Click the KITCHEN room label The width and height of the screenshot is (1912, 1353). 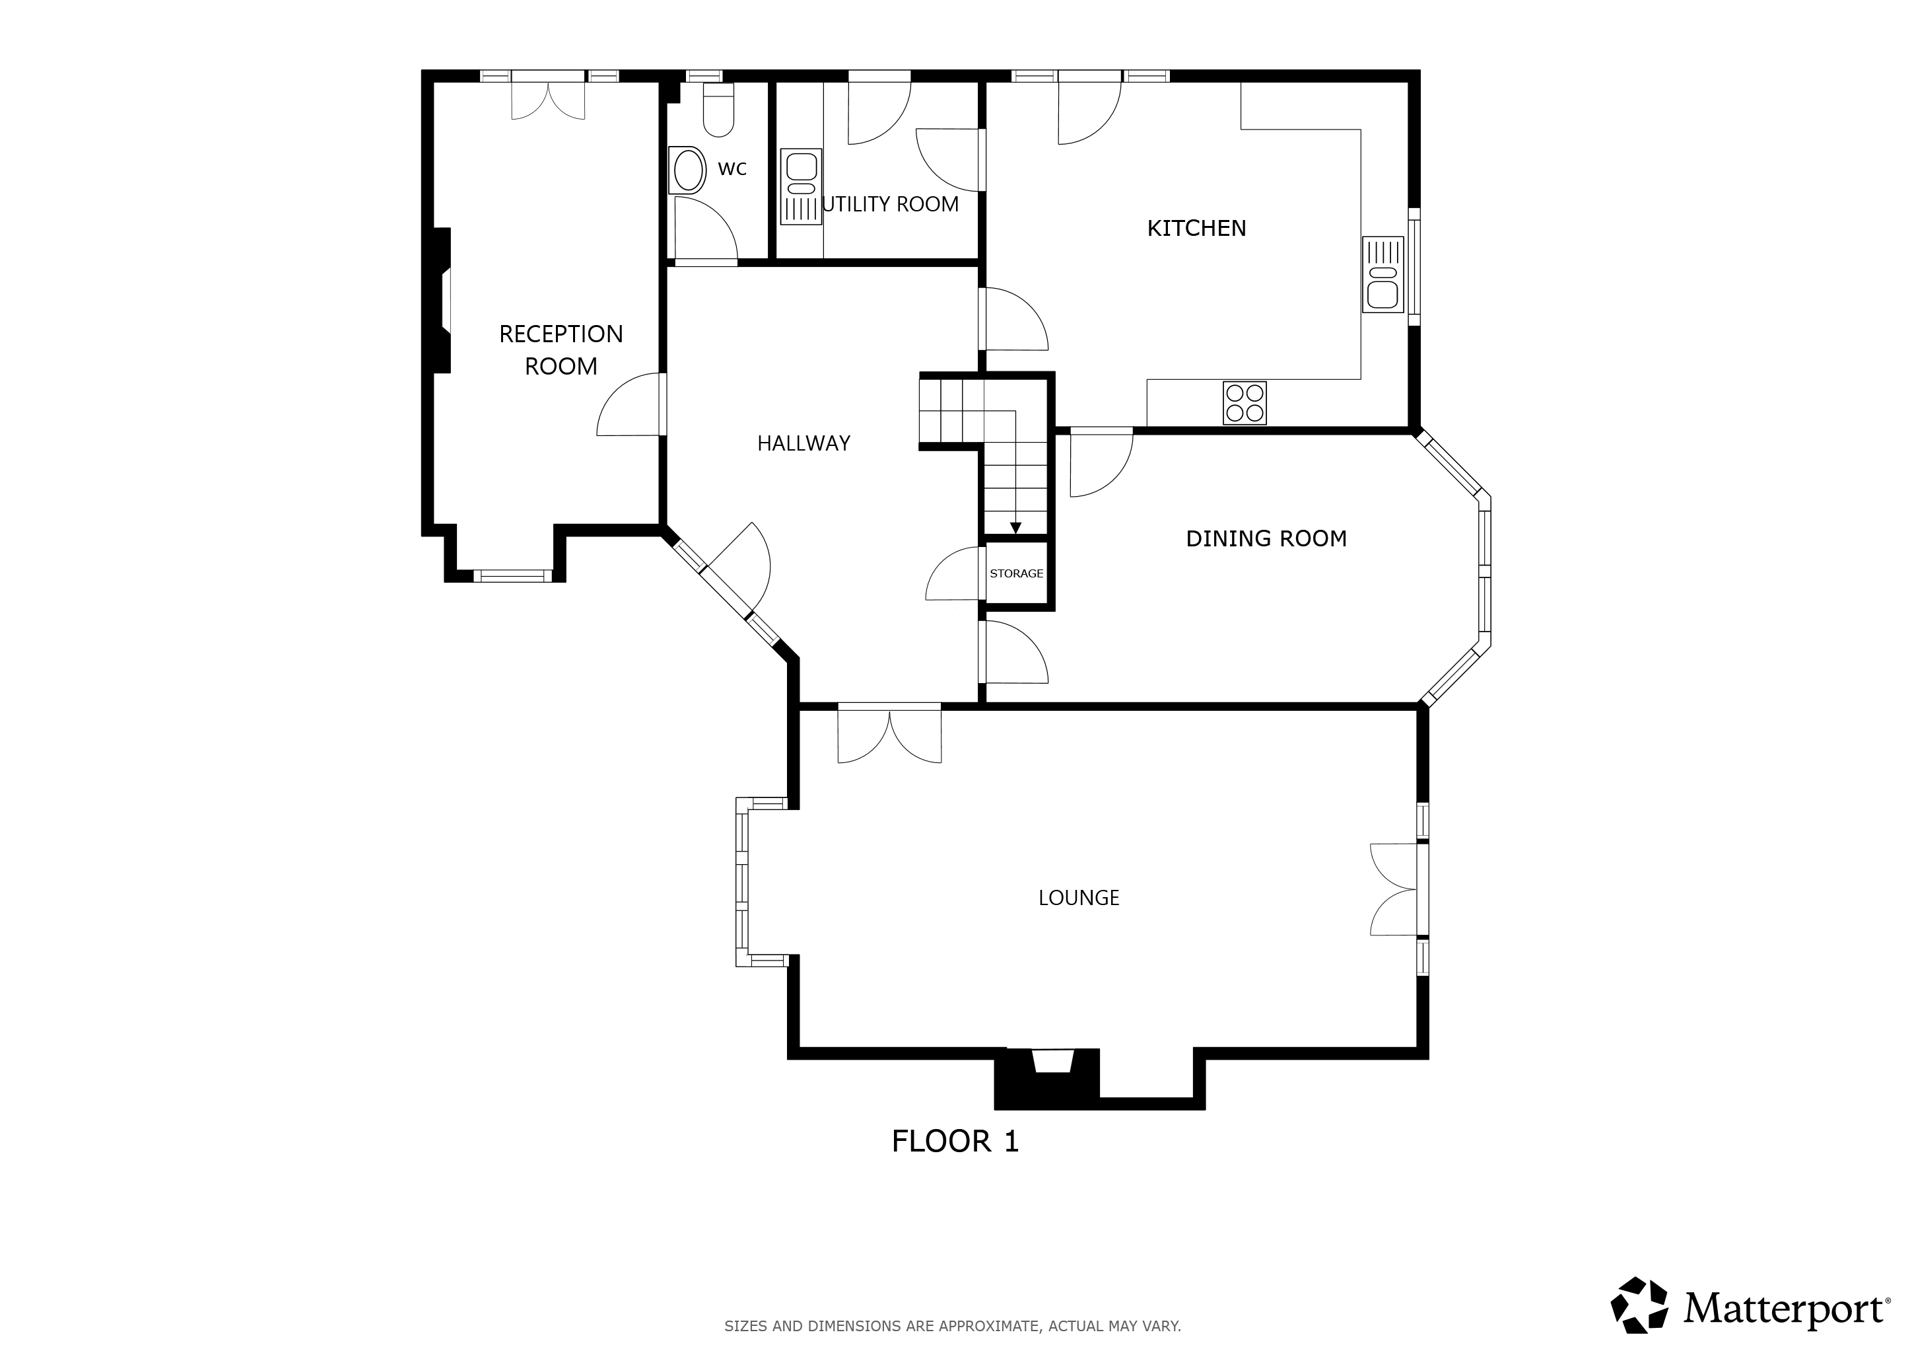point(1197,229)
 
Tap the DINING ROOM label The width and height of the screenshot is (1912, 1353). point(1266,539)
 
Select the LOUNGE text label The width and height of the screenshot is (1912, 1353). point(1078,897)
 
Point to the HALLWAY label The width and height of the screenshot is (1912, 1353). point(803,443)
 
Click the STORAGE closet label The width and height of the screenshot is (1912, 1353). point(1016,573)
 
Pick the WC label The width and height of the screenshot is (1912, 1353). point(732,169)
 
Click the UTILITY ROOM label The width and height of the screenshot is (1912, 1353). point(890,204)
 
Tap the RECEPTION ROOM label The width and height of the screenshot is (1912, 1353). point(561,350)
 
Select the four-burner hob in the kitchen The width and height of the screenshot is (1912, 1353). point(1244,402)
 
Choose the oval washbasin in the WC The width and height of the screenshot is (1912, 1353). point(688,171)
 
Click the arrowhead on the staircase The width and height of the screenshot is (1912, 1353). point(1015,529)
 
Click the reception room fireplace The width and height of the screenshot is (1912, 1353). point(442,300)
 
